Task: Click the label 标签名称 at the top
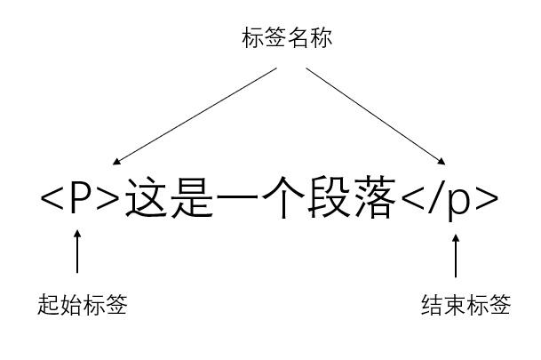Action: point(287,38)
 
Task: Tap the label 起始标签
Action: point(84,306)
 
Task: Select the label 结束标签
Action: point(465,306)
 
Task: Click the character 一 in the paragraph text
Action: point(236,199)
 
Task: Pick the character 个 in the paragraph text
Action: point(282,199)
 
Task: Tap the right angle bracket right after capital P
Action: point(107,200)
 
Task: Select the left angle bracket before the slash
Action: point(410,200)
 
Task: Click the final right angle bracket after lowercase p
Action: point(487,200)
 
